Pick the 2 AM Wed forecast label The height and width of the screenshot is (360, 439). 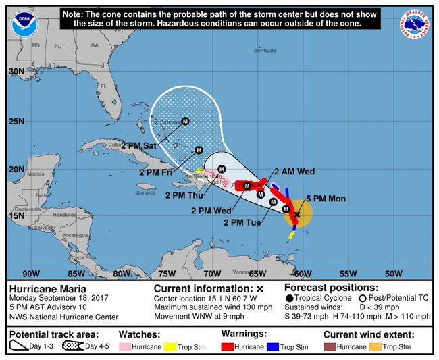[x=294, y=172]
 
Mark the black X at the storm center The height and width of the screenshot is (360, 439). [x=297, y=214]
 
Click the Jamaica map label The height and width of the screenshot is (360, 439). [x=145, y=192]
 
